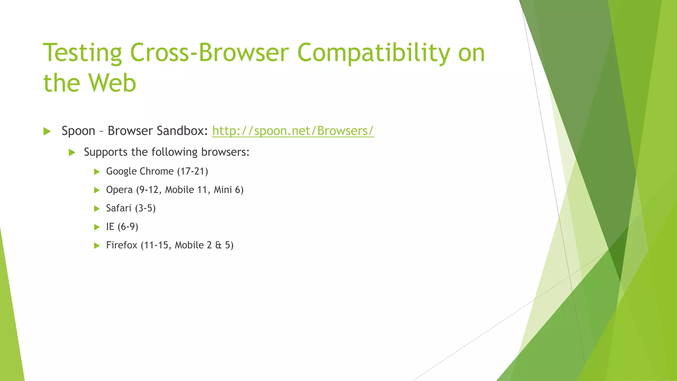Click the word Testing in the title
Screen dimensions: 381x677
83,53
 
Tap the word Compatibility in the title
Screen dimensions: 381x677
374,53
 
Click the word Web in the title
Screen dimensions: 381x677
112,83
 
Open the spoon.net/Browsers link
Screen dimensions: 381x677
293,131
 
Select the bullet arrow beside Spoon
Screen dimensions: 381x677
47,132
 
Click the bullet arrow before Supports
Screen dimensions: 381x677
72,152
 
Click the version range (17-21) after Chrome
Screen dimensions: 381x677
192,171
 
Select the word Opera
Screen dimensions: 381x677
119,190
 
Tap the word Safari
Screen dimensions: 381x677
119,208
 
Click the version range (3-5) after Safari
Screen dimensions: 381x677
145,208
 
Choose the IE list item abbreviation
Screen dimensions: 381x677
110,227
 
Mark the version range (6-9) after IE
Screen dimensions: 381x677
128,227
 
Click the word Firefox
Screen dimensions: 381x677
121,245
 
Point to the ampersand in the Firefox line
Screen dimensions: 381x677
218,245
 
